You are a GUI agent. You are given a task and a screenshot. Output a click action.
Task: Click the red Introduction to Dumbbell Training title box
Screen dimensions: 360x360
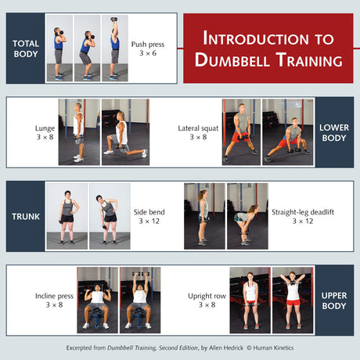click(x=268, y=48)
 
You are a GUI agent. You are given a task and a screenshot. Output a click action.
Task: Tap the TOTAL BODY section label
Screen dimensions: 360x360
click(x=26, y=48)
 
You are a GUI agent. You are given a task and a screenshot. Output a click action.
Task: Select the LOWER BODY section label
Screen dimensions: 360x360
click(x=334, y=132)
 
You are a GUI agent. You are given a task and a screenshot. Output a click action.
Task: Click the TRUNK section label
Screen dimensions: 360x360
click(x=26, y=216)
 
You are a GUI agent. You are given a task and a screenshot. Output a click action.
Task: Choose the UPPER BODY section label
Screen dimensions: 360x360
click(x=334, y=300)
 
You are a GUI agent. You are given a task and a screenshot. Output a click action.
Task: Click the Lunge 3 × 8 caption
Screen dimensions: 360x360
click(x=45, y=132)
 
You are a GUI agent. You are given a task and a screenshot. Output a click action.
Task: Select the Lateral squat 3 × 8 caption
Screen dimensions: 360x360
click(x=198, y=132)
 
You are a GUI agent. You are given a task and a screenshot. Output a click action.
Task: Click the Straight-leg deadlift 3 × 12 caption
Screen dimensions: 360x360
click(x=292, y=217)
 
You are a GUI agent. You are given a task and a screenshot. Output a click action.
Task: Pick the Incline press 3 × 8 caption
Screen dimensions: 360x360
click(x=50, y=301)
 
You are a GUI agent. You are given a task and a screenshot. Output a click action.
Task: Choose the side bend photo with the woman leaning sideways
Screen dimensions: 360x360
click(x=109, y=216)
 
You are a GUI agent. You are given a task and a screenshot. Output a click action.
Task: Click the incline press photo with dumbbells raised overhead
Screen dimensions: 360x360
click(x=140, y=300)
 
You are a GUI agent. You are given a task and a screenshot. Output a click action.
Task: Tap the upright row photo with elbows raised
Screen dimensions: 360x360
click(x=292, y=300)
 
